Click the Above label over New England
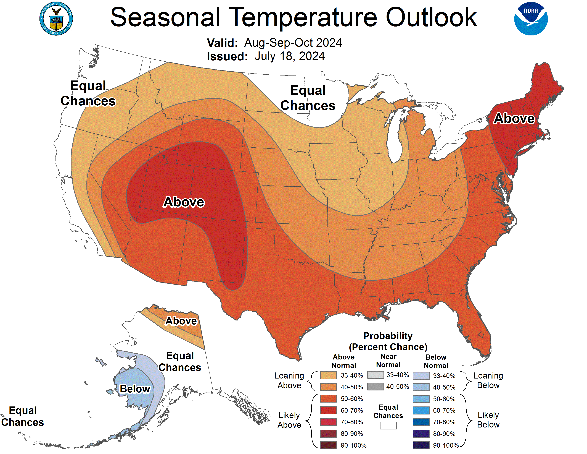[x=514, y=118]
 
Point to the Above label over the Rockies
[x=184, y=202]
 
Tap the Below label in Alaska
[x=135, y=389]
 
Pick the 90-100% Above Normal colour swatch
[x=328, y=445]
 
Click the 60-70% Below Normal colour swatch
[x=421, y=410]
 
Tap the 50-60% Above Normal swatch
[x=328, y=399]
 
